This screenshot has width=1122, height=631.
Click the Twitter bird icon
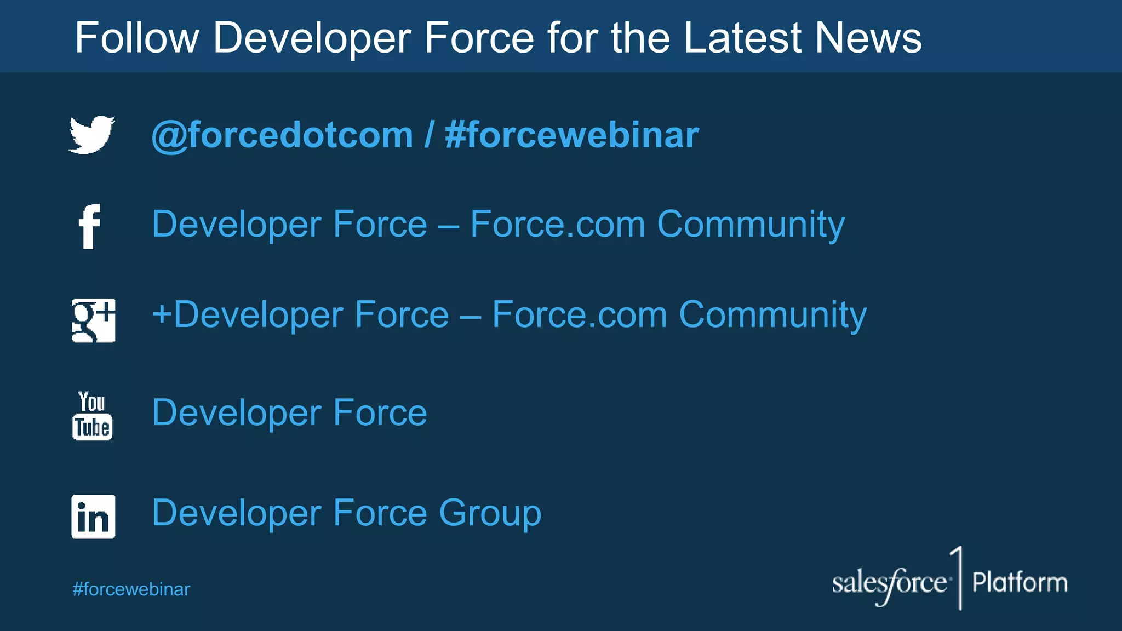[91, 135]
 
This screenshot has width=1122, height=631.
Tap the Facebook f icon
[90, 226]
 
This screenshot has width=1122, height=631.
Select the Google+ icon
[93, 320]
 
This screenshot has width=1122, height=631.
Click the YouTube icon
[92, 416]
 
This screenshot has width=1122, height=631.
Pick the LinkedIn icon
[93, 517]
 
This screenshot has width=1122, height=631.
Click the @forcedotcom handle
[282, 135]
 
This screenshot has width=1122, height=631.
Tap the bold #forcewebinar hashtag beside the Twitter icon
[572, 135]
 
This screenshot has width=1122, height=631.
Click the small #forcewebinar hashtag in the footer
[131, 589]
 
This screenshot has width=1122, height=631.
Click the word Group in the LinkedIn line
[490, 513]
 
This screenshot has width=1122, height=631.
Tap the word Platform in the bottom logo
[1020, 582]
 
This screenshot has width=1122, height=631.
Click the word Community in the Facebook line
[751, 225]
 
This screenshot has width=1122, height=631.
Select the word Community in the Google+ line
[772, 315]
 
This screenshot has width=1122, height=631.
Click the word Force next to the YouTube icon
[380, 412]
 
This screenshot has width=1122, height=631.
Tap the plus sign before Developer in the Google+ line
[162, 314]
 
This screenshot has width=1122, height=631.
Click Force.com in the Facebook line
[558, 225]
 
